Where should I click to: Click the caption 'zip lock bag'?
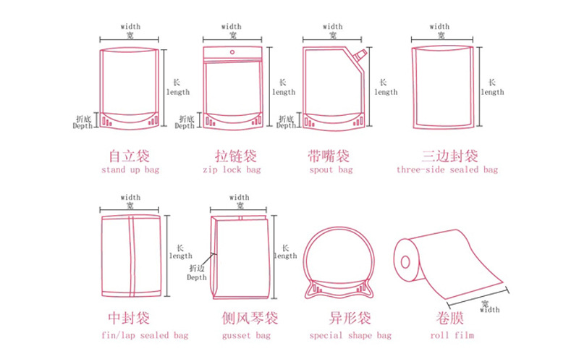[x=232, y=170]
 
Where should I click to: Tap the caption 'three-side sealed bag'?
[x=447, y=170]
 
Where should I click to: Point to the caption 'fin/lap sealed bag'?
[x=145, y=335]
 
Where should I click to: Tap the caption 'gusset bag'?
[x=247, y=335]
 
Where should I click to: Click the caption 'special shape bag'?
[x=350, y=335]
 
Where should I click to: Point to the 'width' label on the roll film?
[x=489, y=310]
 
